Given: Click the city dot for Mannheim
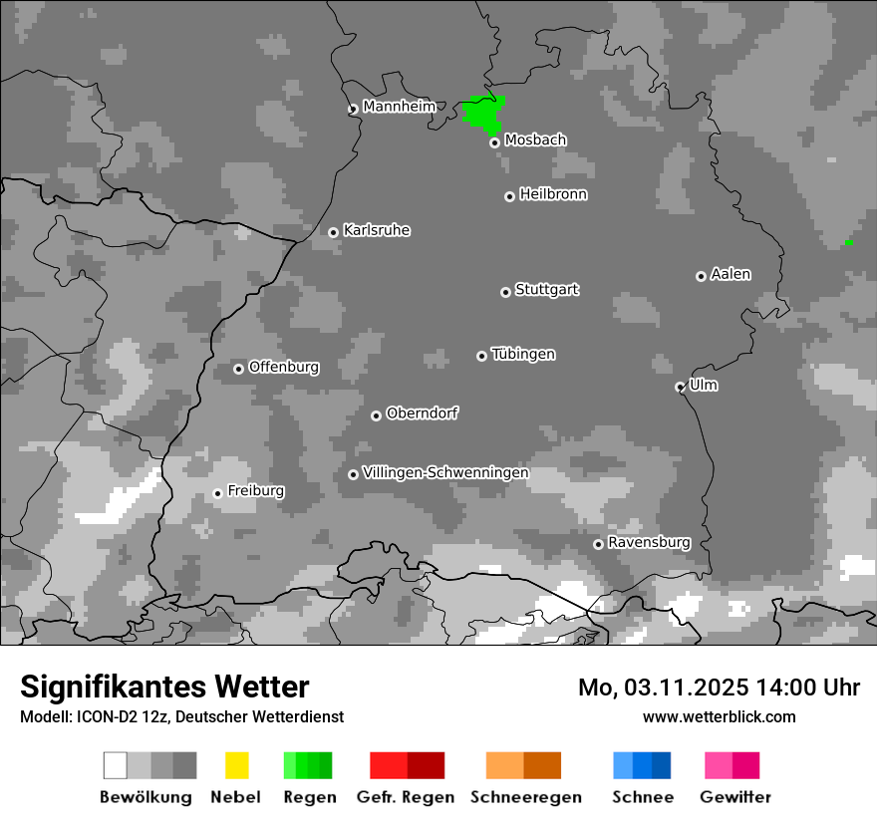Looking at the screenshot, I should coord(353,110).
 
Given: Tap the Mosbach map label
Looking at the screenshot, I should coord(535,140).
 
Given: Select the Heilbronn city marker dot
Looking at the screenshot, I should coord(509,196).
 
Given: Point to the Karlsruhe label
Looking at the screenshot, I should coord(377,230).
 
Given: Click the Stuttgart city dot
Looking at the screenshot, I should coord(505,292).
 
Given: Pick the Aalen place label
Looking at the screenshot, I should coord(731,274).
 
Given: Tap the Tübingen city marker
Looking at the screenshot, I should coord(481,356).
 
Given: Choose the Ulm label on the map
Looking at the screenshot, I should coord(704,385).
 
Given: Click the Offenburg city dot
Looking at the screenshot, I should coord(238,369).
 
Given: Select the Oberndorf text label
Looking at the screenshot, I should coord(423,413).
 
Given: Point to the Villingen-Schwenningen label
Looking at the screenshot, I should coord(445,472).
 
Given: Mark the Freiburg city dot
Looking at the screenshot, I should coord(217,493).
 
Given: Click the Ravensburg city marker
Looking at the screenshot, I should coord(598,544).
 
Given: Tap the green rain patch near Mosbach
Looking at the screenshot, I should coord(483,112).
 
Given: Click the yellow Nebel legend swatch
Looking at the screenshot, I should coord(236,765).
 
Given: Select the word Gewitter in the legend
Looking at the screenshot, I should coord(735,797).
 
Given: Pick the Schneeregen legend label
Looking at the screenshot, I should coord(525,797).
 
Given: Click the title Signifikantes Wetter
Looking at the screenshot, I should coord(164,687).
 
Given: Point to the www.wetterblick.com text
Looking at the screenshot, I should coord(720,716).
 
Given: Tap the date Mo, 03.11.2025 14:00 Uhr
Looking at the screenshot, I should coord(719,688).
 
